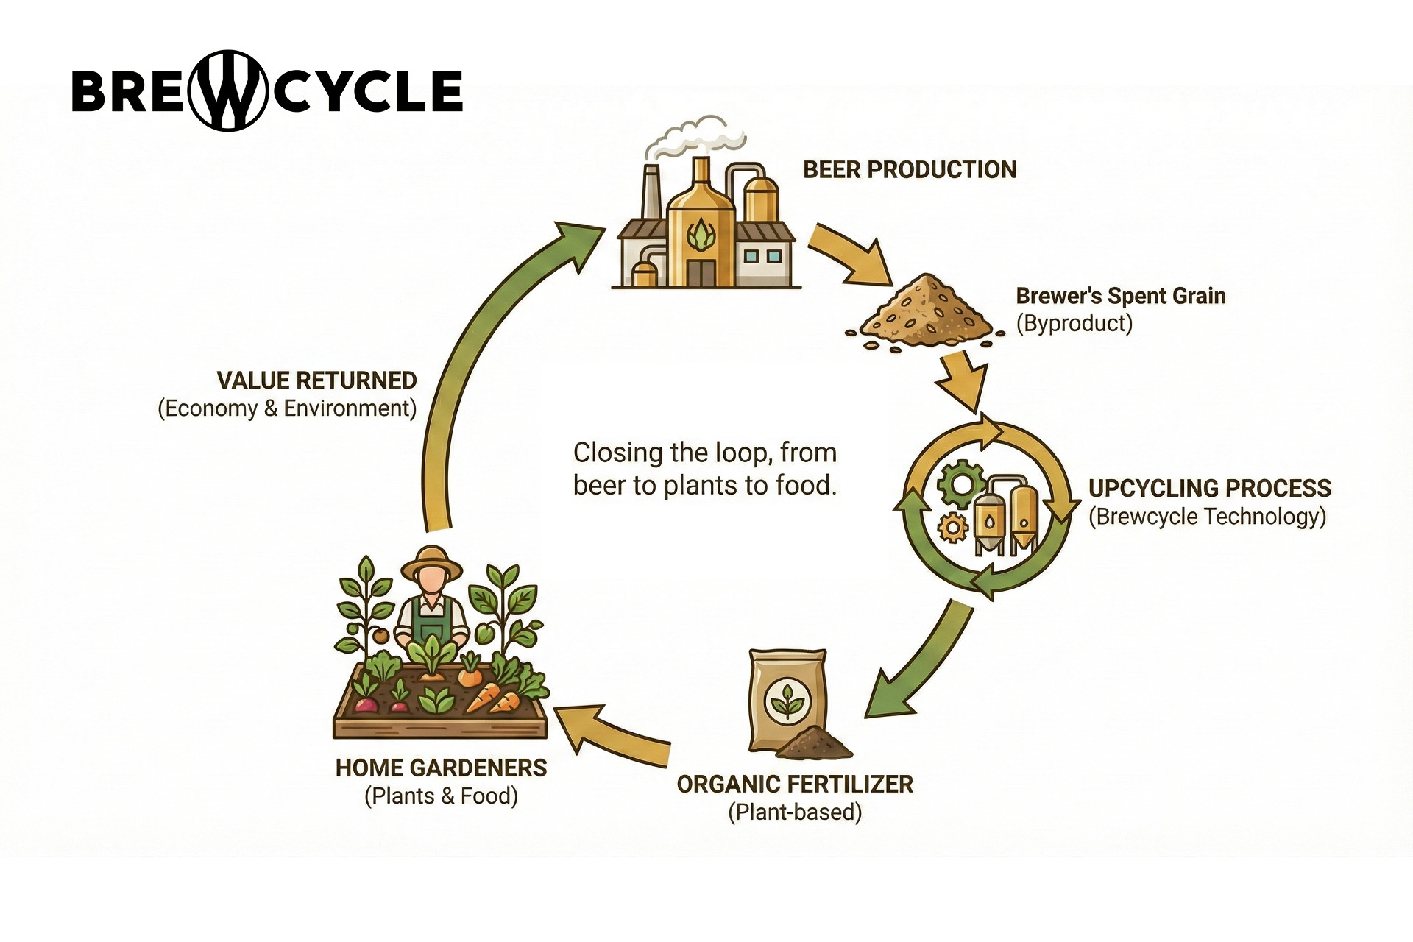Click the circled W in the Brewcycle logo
tap(228, 91)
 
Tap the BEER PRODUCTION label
tap(910, 170)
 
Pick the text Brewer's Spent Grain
tap(1120, 296)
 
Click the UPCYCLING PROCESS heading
tap(1209, 489)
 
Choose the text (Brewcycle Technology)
tap(1207, 517)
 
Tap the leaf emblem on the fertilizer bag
tap(787, 701)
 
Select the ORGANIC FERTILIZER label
tap(795, 785)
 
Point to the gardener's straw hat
tap(431, 563)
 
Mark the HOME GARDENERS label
tap(441, 768)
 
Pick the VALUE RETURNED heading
tap(316, 380)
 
